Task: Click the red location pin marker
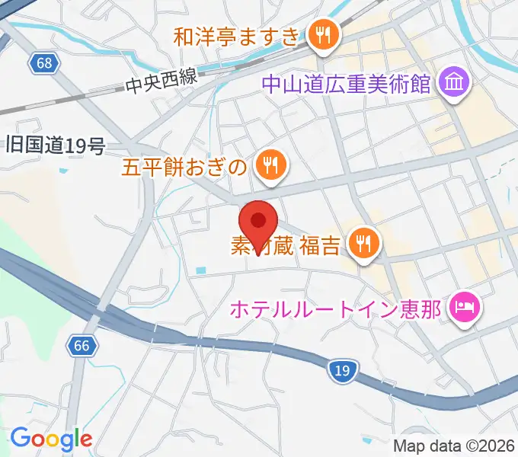click(258, 222)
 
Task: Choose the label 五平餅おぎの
click(184, 165)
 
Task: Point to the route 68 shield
click(45, 63)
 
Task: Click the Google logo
click(51, 439)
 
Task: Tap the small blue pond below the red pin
click(200, 270)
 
